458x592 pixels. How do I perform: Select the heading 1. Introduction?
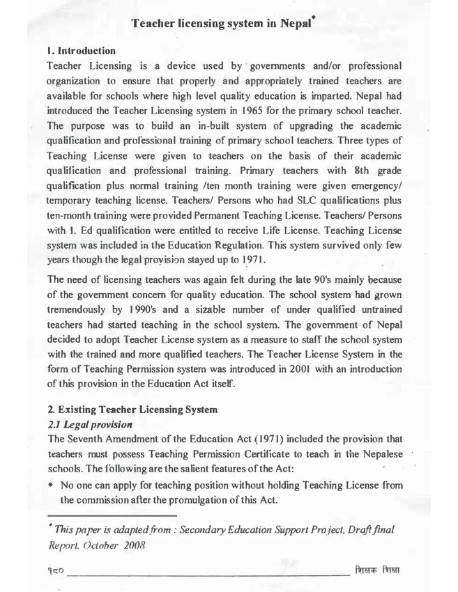(x=80, y=52)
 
